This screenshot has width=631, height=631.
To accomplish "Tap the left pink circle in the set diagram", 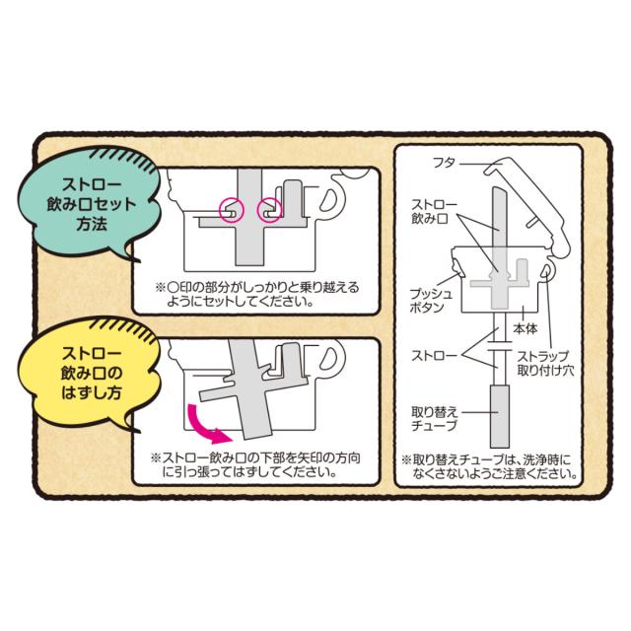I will pos(229,209).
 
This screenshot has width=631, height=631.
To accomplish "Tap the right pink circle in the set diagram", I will pos(268,208).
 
